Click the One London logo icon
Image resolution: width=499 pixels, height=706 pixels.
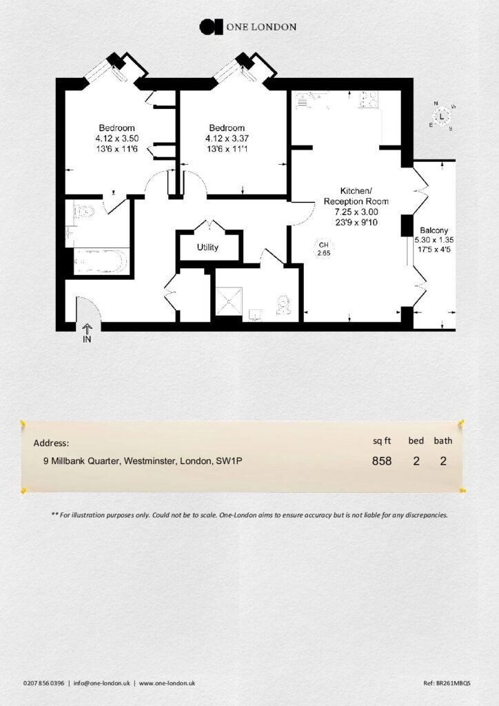(211, 27)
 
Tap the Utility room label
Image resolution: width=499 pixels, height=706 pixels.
(207, 248)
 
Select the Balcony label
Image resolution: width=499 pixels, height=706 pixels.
(434, 230)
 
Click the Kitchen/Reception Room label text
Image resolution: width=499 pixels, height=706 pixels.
(356, 196)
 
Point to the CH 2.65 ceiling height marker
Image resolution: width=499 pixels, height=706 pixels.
(323, 249)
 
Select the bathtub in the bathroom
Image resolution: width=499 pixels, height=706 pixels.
(101, 261)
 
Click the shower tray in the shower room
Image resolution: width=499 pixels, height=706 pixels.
(229, 301)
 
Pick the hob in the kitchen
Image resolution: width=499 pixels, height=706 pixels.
(368, 99)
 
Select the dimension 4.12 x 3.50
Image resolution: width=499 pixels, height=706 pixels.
(117, 139)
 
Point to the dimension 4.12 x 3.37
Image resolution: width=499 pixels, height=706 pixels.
(227, 139)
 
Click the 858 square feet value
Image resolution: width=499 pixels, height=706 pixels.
(382, 461)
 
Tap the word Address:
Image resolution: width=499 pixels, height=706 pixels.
(51, 443)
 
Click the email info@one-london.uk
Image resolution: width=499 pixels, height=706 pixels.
(102, 683)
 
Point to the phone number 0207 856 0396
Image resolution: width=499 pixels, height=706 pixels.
(43, 683)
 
